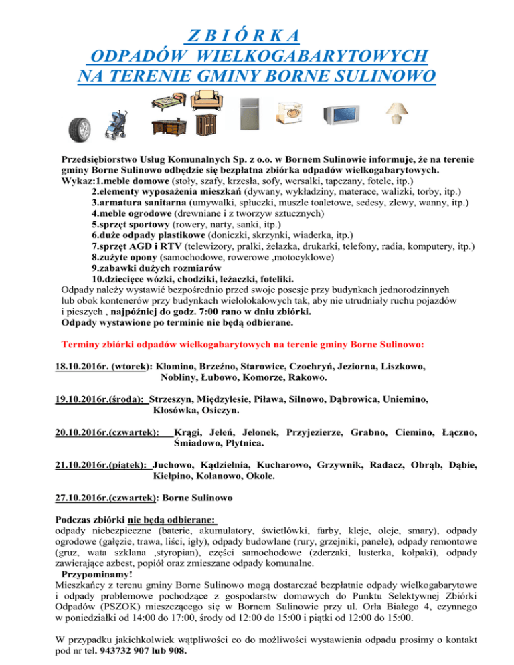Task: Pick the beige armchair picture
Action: [211, 100]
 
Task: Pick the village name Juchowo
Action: [175, 463]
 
